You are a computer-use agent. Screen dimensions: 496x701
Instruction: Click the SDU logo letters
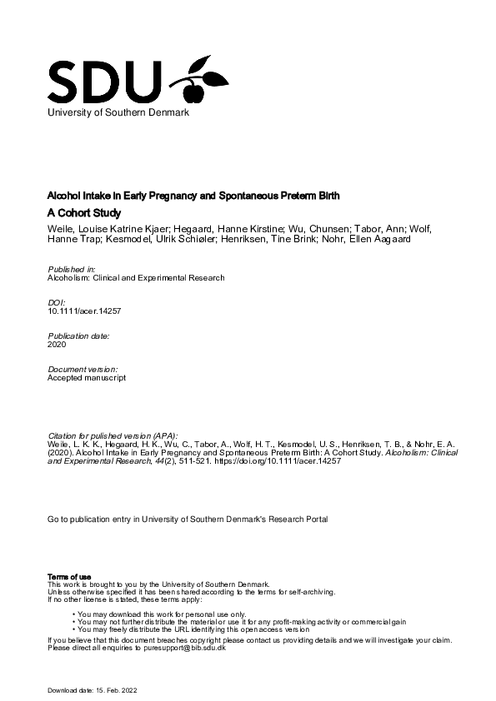pyautogui.click(x=103, y=81)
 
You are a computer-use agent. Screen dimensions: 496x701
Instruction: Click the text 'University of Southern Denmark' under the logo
pyautogui.click(x=118, y=113)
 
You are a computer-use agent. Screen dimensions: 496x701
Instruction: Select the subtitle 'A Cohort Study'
pyautogui.click(x=84, y=213)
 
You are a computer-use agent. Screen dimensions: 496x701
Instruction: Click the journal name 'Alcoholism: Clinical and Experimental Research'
pyautogui.click(x=136, y=278)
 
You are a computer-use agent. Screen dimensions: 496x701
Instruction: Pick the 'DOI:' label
pyautogui.click(x=57, y=302)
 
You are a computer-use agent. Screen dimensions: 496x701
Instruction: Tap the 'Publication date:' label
pyautogui.click(x=78, y=335)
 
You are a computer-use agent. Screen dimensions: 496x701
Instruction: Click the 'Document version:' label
pyautogui.click(x=82, y=368)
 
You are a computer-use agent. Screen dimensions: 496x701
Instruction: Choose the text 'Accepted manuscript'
pyautogui.click(x=86, y=376)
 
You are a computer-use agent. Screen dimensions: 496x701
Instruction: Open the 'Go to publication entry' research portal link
pyautogui.click(x=188, y=520)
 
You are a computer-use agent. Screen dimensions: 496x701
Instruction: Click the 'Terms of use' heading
pyautogui.click(x=69, y=577)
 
